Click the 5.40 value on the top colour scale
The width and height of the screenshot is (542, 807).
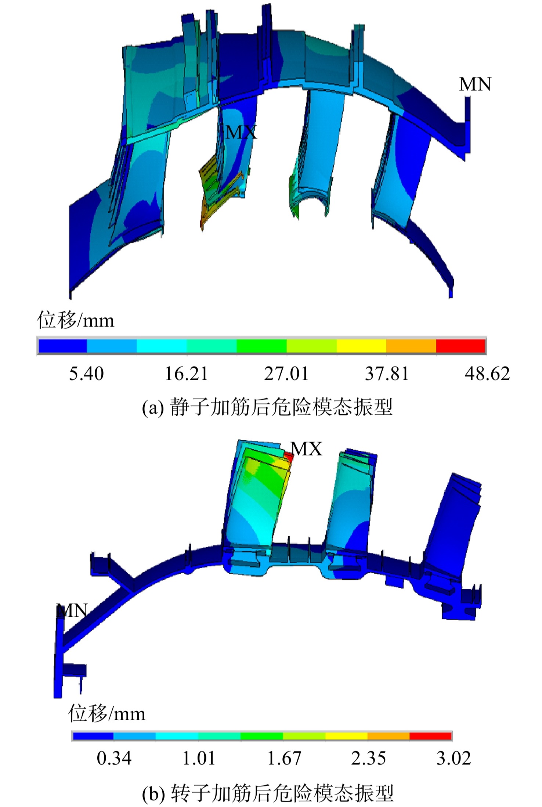(x=86, y=374)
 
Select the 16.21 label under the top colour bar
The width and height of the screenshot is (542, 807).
(x=187, y=374)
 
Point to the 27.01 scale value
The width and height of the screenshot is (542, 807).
(x=286, y=374)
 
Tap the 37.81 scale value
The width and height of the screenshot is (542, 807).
(x=387, y=374)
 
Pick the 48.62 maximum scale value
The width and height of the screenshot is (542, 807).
(x=487, y=374)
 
